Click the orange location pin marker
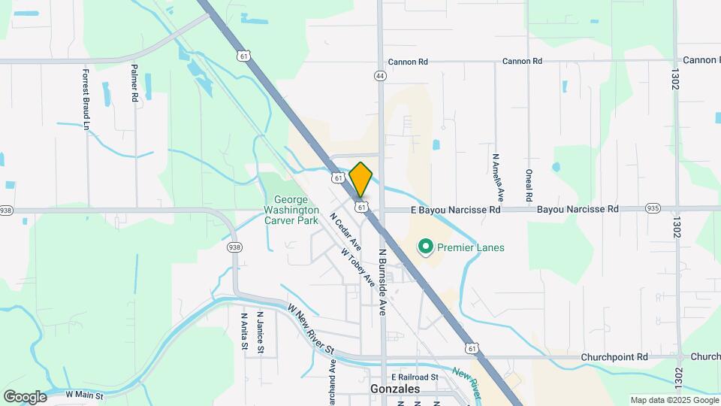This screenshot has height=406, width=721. click(x=360, y=179)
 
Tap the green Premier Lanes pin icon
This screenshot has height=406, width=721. click(x=425, y=247)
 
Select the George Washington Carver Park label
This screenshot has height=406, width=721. click(x=292, y=210)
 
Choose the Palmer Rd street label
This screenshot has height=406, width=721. click(x=134, y=83)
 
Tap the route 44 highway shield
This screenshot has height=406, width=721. click(x=381, y=76)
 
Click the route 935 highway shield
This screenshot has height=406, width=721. click(x=652, y=209)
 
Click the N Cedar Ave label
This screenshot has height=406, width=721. click(x=345, y=232)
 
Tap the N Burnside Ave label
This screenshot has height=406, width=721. click(x=382, y=282)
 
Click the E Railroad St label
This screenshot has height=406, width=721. click(x=414, y=377)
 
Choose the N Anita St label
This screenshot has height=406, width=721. click(x=245, y=332)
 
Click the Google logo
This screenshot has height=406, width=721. click(x=26, y=396)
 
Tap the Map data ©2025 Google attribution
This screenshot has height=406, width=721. click(x=673, y=400)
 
